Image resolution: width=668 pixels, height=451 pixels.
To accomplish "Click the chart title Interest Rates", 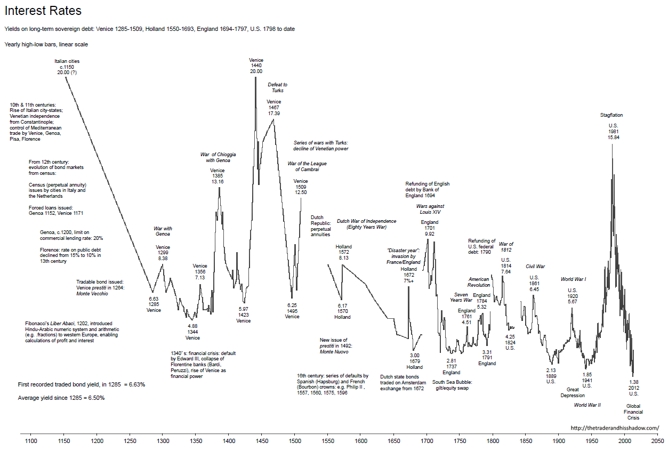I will [43, 11].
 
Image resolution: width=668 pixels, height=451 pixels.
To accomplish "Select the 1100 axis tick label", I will [31, 441].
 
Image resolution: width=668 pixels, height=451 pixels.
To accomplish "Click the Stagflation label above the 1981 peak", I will [611, 115].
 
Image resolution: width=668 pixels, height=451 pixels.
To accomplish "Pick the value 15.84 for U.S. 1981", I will [613, 138].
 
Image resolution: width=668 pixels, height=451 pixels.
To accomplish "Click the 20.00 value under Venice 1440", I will [256, 71].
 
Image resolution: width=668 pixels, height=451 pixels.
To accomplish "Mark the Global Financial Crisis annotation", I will [634, 412].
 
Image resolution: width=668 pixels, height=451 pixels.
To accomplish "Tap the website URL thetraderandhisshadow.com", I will [615, 428].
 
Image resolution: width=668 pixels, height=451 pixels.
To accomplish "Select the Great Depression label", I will [572, 392].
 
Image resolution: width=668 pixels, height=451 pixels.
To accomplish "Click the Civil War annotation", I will [535, 266].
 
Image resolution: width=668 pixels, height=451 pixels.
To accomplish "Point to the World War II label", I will [587, 405].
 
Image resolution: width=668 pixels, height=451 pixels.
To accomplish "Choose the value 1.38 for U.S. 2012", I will [634, 382].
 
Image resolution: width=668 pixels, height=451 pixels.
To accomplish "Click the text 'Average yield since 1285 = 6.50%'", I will [61, 398].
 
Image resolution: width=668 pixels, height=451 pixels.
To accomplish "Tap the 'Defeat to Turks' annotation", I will [277, 87].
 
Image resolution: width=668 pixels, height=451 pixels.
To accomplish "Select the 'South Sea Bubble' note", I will [452, 385].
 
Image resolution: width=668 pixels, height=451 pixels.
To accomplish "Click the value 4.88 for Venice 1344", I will [192, 326].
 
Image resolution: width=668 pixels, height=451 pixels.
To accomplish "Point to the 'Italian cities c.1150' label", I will [67, 67].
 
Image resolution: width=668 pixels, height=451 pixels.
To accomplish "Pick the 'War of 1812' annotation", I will [506, 247].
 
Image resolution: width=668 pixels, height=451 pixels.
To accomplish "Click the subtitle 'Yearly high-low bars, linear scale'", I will [46, 44].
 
